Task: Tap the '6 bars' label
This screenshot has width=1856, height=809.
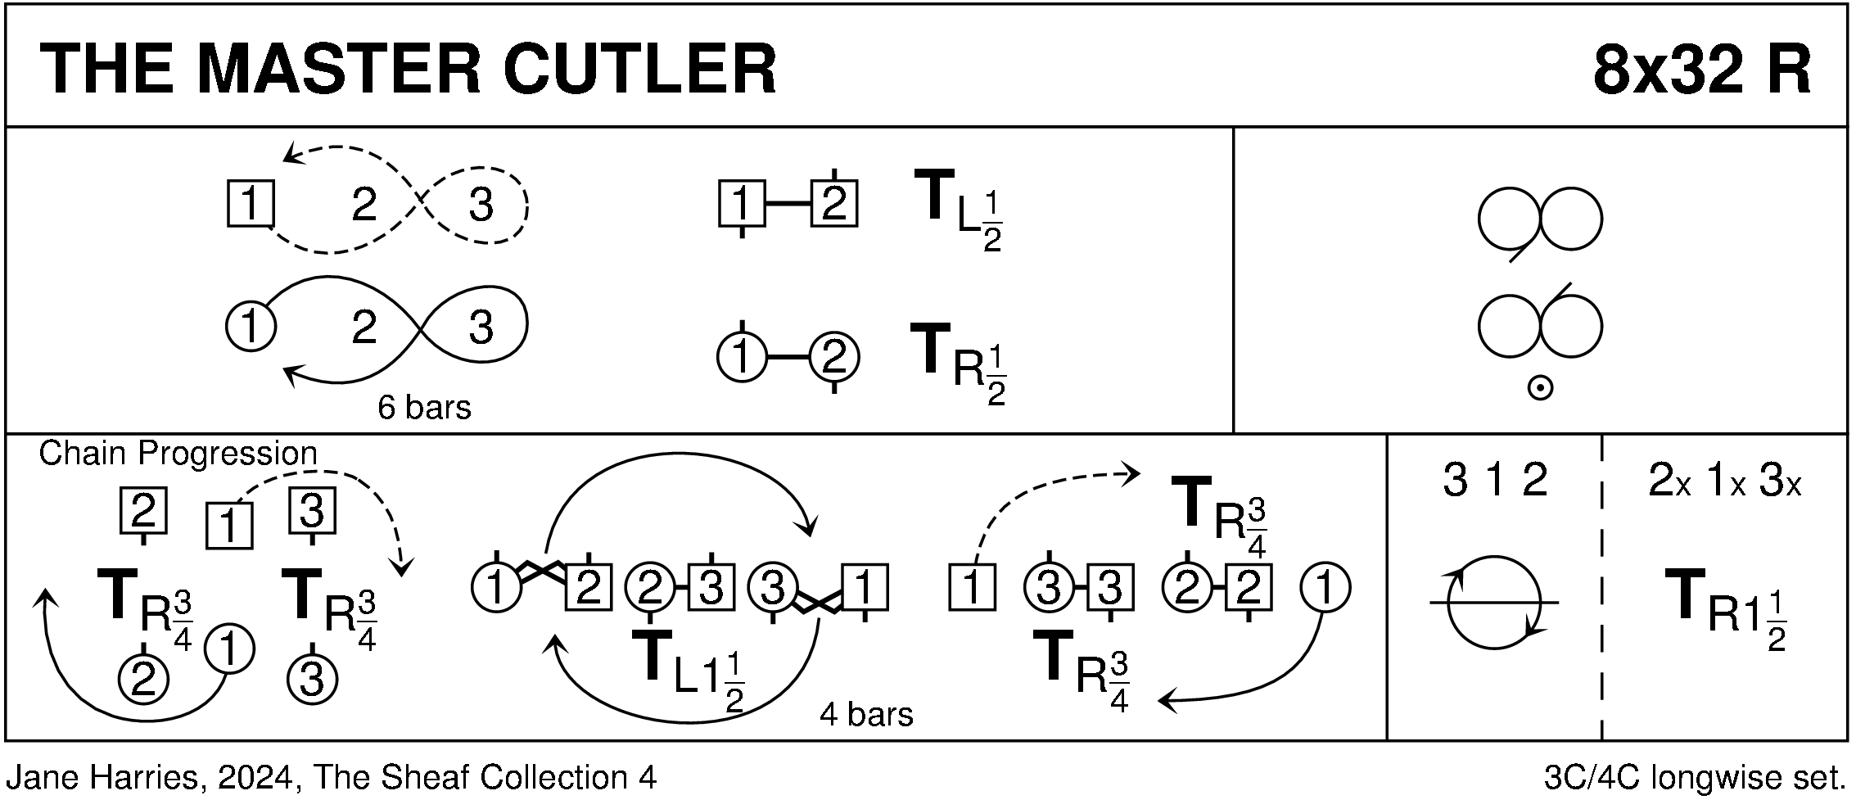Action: [x=424, y=408]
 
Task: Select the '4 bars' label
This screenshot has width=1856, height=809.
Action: [x=865, y=715]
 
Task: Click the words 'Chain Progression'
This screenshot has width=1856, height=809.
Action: [x=178, y=453]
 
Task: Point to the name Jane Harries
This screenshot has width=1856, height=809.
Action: [x=102, y=777]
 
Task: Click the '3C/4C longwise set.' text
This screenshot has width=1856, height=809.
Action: [x=1694, y=777]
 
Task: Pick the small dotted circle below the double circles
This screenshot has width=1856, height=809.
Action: [x=1540, y=389]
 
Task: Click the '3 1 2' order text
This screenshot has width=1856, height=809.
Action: [x=1494, y=481]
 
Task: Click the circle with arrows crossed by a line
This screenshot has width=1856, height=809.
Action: [x=1494, y=603]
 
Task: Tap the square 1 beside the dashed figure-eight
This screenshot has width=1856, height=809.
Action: [x=250, y=203]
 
